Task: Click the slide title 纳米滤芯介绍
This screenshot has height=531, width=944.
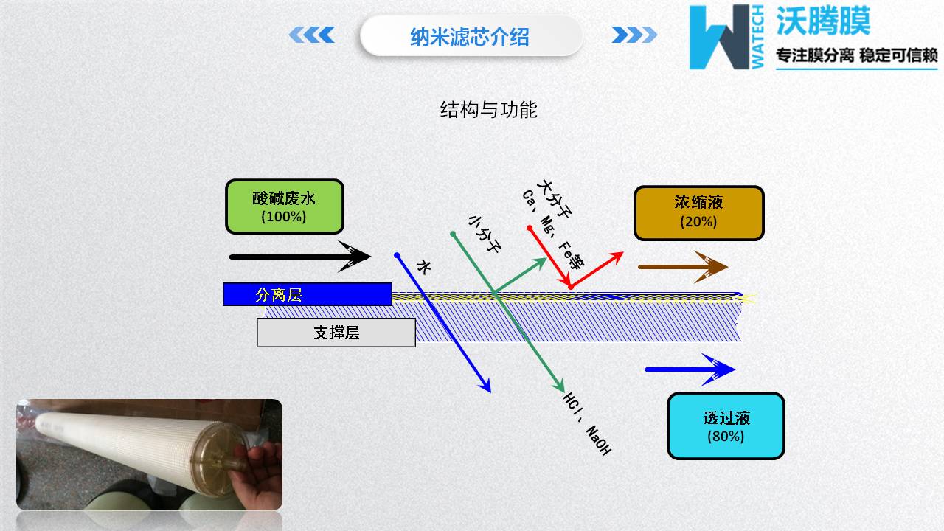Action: pos(470,36)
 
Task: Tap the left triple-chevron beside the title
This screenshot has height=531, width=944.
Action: pos(311,35)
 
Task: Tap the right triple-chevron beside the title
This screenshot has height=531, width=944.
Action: pos(634,35)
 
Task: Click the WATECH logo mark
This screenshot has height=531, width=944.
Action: pos(726,38)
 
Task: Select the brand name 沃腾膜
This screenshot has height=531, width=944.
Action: pos(823,21)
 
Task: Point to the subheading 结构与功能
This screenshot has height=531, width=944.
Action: pos(488,110)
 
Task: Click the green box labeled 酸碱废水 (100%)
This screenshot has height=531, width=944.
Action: pos(284,206)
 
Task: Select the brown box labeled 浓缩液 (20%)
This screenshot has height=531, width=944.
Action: pos(698,213)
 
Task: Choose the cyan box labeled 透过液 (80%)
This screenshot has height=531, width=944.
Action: pos(726,426)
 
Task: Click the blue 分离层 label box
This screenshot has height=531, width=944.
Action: pos(307,294)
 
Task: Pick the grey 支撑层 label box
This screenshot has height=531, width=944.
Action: pos(336,333)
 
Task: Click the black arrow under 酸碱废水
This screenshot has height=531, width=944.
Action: pos(299,257)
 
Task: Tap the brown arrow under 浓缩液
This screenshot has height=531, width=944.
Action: pos(682,266)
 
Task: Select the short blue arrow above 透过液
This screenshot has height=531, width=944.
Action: pos(690,369)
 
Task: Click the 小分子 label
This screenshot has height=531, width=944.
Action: pos(485,234)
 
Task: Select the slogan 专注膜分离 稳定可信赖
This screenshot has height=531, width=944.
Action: pos(857,55)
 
